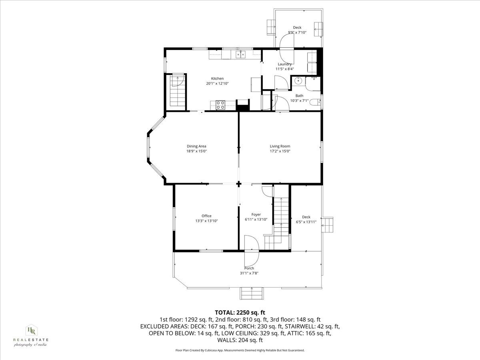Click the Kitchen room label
click(217, 78)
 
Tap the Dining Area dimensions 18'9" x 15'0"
click(196, 151)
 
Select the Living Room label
click(280, 146)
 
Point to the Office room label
click(206, 216)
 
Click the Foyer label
click(256, 214)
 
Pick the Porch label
click(249, 268)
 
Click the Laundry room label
click(284, 64)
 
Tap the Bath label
click(299, 96)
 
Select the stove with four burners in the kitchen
click(220, 105)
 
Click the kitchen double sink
click(240, 55)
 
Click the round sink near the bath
click(298, 81)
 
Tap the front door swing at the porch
click(252, 244)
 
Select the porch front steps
click(252, 293)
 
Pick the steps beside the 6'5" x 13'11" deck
click(328, 224)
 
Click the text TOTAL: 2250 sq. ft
click(240, 312)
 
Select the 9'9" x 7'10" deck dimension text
click(297, 33)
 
